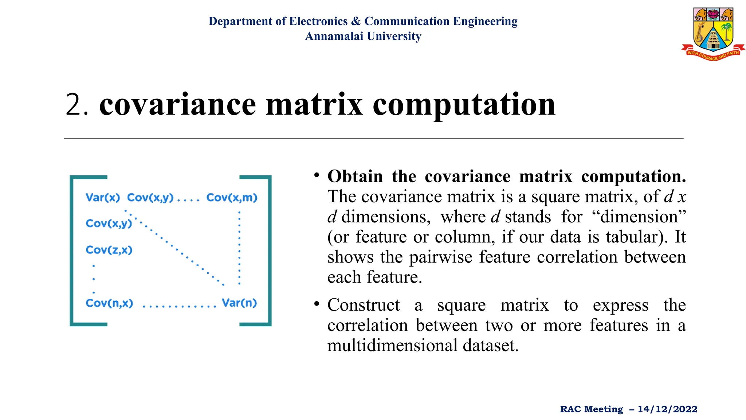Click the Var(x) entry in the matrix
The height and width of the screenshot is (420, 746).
point(103,198)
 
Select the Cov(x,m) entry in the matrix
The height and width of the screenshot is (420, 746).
point(232,198)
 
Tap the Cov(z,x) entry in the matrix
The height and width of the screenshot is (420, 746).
point(109,250)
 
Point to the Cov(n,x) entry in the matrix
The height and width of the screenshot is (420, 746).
point(109,303)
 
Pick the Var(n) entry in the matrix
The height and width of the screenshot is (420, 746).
point(239,303)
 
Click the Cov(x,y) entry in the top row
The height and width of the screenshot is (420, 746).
point(150,198)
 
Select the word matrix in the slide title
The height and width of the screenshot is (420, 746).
point(314,105)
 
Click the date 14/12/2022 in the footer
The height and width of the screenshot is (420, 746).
point(667,409)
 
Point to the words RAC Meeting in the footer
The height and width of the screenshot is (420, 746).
point(592,409)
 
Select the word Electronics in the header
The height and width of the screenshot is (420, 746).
point(318,21)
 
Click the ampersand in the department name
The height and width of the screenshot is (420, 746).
point(356,21)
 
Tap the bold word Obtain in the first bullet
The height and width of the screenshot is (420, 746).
point(355,176)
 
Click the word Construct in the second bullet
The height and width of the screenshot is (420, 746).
point(363,305)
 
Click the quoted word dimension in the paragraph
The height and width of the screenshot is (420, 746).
point(639,217)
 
